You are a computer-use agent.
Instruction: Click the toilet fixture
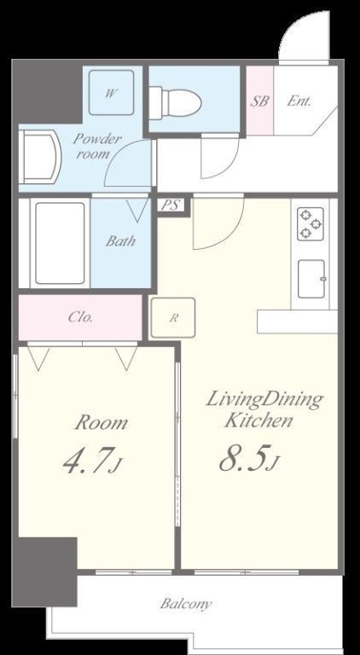[x=176, y=101]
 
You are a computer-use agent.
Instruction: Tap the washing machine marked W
[x=111, y=93]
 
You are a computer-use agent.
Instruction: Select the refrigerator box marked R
[x=173, y=317]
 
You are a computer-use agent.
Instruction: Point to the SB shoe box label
[x=259, y=101]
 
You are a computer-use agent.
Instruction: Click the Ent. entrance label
[x=299, y=101]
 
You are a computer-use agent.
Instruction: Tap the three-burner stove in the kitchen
[x=311, y=224]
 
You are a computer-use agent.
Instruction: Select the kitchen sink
[x=311, y=279]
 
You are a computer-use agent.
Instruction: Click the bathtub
[x=60, y=243]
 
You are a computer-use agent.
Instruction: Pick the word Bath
[x=120, y=241]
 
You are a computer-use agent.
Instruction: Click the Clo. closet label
[x=80, y=317]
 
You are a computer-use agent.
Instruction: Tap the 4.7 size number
[x=89, y=460]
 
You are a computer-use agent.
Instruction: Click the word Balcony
[x=186, y=604]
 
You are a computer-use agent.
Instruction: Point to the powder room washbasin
[x=40, y=157]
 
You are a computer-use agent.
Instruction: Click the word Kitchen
[x=258, y=420]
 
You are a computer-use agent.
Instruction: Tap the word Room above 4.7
[x=101, y=423]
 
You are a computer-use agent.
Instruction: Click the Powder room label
[x=97, y=146]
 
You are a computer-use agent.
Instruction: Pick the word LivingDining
[x=264, y=401]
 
